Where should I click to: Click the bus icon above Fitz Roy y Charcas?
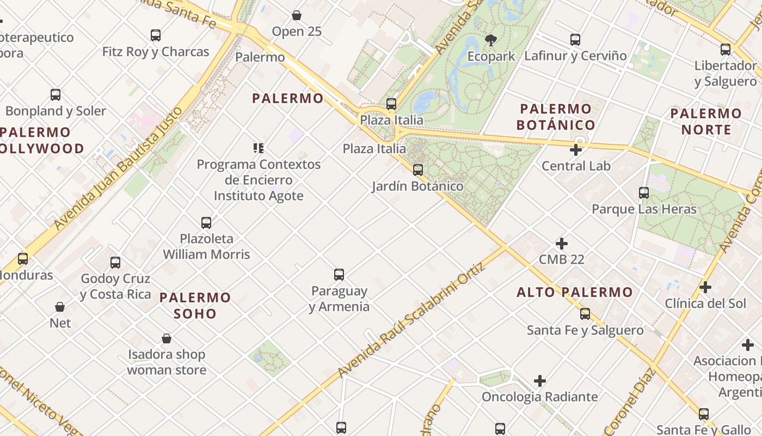[x=156, y=35]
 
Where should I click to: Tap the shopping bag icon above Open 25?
[x=297, y=15]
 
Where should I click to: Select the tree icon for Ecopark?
[x=491, y=39]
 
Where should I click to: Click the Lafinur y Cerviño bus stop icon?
[x=575, y=40]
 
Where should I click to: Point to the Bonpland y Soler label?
[x=56, y=111]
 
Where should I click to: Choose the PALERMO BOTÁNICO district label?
[x=556, y=117]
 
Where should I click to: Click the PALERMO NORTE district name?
[x=706, y=122]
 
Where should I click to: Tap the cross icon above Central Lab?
[x=576, y=149]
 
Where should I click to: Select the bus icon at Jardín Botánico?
[x=417, y=170]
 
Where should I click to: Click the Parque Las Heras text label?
[x=644, y=209]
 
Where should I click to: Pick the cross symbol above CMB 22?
[x=561, y=244]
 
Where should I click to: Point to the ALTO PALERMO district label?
[x=575, y=292]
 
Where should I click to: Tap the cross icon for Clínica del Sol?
[x=705, y=287]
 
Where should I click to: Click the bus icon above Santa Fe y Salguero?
[x=585, y=314]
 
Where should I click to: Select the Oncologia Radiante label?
[x=539, y=397]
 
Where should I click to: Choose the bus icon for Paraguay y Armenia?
[x=339, y=275]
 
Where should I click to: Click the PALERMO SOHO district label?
[x=195, y=306]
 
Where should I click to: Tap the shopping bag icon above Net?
[x=60, y=307]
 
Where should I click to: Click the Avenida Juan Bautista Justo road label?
[x=117, y=169]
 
